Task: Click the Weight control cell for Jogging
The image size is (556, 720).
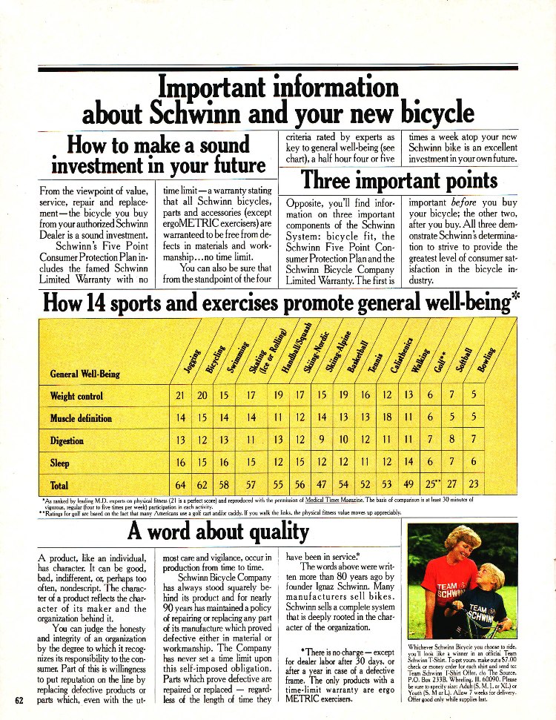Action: pos(179,396)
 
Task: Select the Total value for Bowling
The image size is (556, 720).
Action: pos(474,486)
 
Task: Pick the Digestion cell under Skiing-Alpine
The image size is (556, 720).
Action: pos(322,441)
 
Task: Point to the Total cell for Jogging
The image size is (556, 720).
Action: pos(180,486)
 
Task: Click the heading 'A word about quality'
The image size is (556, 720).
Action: pos(217,531)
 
